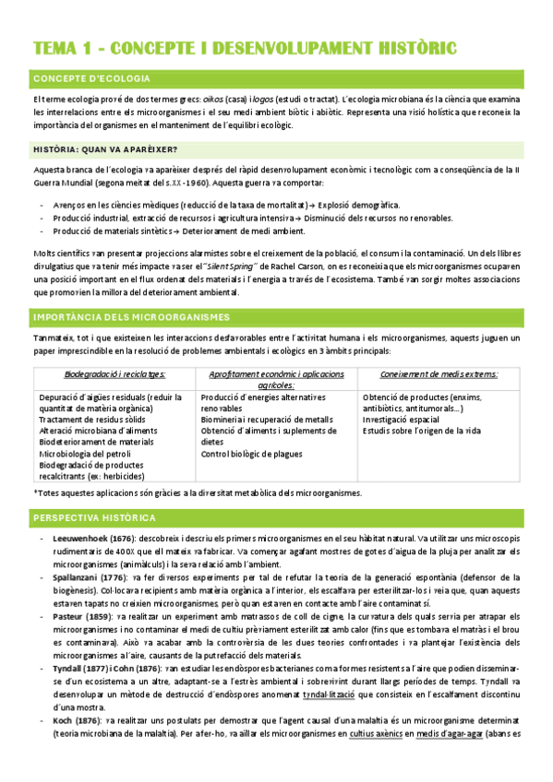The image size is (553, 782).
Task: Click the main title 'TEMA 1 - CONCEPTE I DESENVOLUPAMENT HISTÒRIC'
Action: point(244,47)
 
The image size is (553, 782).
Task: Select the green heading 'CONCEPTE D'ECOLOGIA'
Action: point(90,78)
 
